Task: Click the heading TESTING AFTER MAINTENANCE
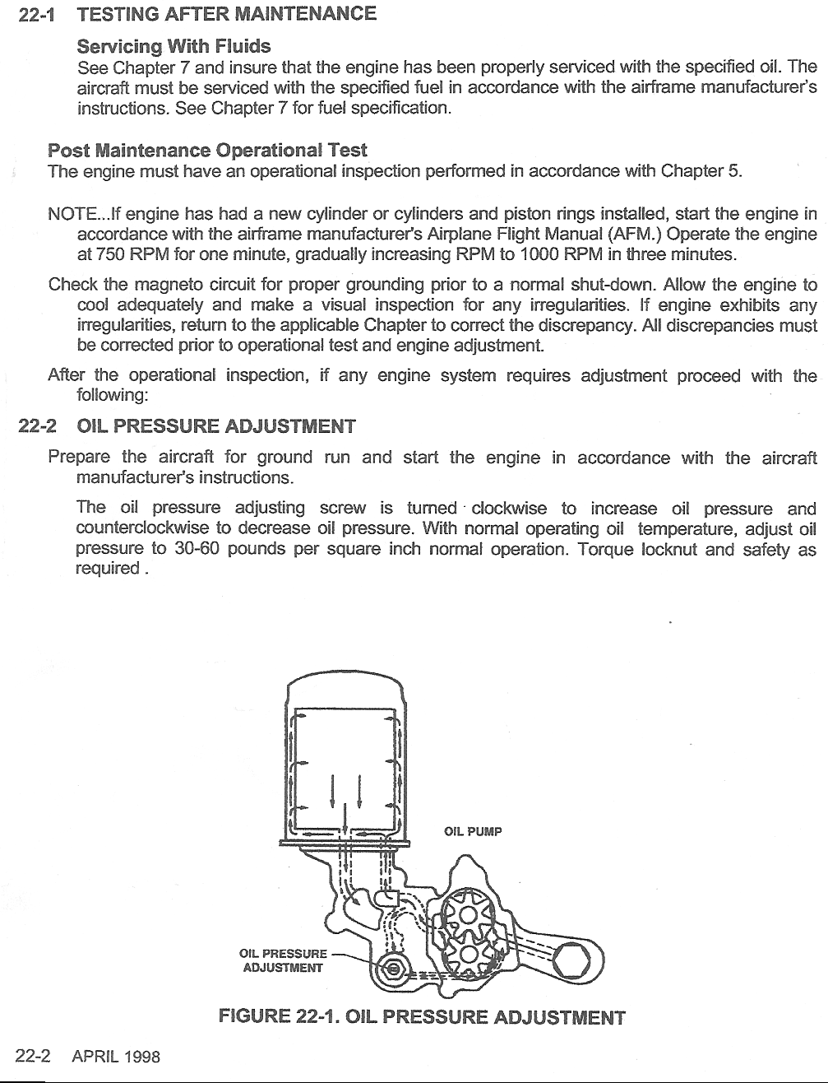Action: [226, 14]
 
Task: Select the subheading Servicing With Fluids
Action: [173, 45]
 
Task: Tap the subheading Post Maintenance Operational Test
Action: [207, 151]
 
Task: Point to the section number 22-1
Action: [35, 14]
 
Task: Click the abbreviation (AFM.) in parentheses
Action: [633, 235]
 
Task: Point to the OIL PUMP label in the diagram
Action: [473, 831]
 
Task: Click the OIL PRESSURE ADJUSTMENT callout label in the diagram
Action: [282, 961]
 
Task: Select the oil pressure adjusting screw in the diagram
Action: [394, 969]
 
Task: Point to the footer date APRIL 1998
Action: [116, 1057]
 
